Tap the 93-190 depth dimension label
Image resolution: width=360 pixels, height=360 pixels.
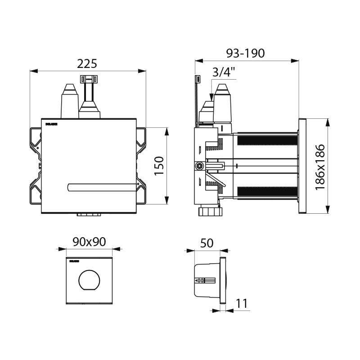click(x=245, y=53)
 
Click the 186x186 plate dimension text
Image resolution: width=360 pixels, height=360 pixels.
click(x=320, y=167)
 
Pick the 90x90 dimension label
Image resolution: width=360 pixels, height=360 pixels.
click(x=89, y=241)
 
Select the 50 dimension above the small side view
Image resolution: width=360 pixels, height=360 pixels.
click(x=207, y=243)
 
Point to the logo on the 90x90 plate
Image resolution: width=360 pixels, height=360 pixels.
click(x=73, y=261)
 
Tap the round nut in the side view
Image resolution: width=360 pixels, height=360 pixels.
click(x=198, y=166)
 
